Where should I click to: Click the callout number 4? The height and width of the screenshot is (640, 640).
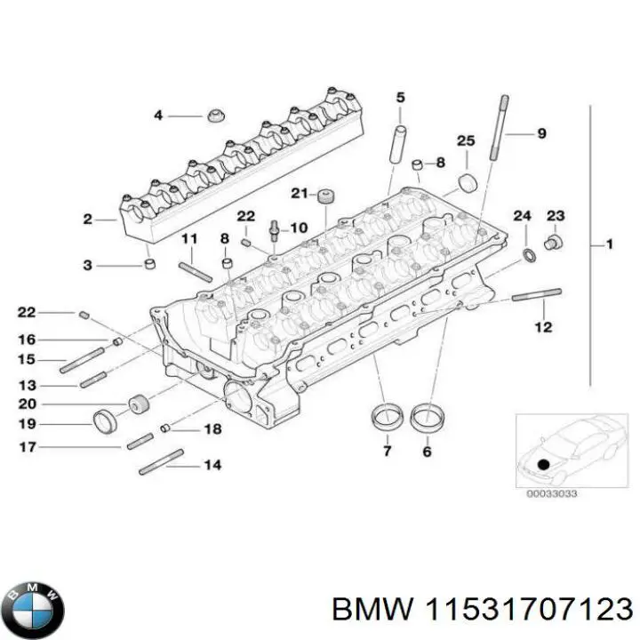158,116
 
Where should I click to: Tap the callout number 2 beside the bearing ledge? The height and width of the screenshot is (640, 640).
87,219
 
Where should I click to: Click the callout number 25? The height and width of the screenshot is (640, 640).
466,140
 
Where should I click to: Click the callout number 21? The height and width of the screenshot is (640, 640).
299,193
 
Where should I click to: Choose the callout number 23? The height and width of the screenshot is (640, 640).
555,215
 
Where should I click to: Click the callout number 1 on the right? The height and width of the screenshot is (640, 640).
609,244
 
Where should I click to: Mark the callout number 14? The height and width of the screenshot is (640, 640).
212,465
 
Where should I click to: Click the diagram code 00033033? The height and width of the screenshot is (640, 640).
552,494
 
